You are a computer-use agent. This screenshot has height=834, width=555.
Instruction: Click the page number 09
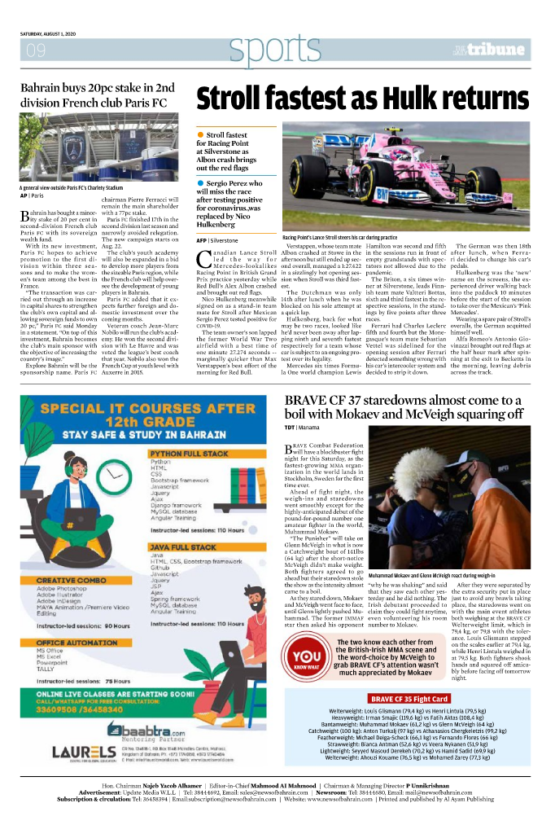[36, 51]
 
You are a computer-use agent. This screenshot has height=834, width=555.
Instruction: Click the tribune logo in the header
[499, 50]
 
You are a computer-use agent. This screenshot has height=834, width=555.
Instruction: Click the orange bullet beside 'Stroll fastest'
[200, 134]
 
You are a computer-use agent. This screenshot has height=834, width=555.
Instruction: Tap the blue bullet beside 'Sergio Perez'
[200, 184]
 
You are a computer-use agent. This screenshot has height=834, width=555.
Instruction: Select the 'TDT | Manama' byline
[301, 427]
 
